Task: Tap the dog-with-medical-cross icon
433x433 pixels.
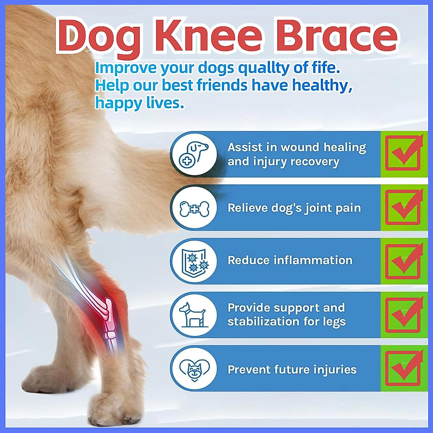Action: click(194, 154)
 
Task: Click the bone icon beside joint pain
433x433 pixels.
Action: click(194, 208)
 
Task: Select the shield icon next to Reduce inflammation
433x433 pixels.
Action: click(194, 261)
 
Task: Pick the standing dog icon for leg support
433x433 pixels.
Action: click(194, 314)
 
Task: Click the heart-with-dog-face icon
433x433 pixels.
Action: click(194, 368)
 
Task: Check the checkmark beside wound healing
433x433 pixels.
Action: click(403, 153)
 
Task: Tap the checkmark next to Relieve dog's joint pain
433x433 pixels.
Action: click(403, 207)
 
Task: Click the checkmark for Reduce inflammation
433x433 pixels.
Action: click(403, 261)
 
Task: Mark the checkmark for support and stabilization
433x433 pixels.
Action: click(403, 315)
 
